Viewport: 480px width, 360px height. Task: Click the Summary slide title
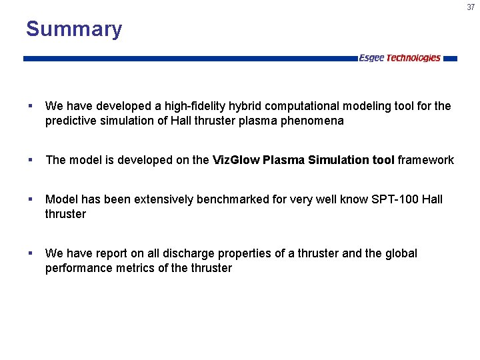coord(74,29)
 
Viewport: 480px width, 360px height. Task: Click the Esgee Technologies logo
coord(399,58)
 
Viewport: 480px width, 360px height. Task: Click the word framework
coord(427,160)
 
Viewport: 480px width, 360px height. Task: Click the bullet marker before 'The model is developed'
coord(31,160)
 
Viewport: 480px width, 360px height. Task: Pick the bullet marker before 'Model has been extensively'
coord(31,199)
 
